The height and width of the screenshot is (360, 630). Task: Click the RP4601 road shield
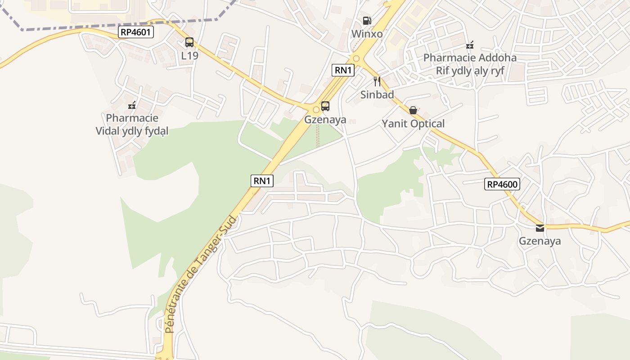tap(136, 32)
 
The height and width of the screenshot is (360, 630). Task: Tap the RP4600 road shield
tap(502, 184)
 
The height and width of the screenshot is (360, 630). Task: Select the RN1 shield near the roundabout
tap(343, 70)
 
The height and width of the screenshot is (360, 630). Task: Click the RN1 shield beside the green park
tap(262, 181)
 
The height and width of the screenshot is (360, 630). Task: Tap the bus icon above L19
tap(189, 43)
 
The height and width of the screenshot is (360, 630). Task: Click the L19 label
tap(189, 55)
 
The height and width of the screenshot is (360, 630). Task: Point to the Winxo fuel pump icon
tap(367, 21)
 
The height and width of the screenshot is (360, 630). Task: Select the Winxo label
tap(367, 34)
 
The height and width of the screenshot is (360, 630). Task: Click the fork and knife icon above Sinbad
tap(377, 81)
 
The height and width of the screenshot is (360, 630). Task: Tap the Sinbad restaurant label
tap(377, 94)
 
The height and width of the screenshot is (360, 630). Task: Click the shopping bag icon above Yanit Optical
tap(413, 110)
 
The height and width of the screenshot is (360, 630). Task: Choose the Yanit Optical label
tap(413, 123)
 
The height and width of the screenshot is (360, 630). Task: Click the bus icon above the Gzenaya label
tap(325, 107)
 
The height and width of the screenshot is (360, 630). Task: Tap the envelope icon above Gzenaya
tap(540, 228)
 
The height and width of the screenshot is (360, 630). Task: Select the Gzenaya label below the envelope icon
tap(540, 241)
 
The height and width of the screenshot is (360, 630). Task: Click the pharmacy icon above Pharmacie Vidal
tap(132, 105)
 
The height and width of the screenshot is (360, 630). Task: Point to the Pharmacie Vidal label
tap(132, 125)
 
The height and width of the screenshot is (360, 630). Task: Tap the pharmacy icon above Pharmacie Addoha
tap(470, 45)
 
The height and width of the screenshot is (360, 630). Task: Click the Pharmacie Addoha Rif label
tap(470, 64)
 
